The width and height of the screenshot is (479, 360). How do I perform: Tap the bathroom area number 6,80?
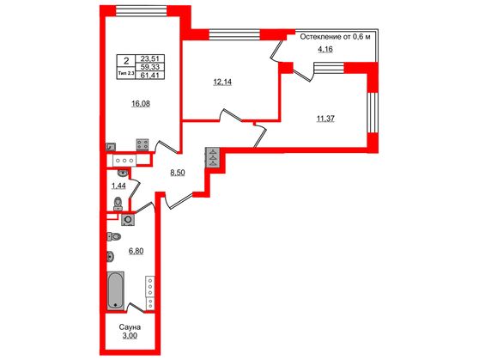(136, 252)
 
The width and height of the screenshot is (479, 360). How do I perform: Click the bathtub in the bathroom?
(115, 290)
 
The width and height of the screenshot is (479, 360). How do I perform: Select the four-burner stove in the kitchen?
(144, 145)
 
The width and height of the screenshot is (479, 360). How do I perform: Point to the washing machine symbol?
(129, 219)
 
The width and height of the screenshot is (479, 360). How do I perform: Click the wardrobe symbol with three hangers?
(212, 159)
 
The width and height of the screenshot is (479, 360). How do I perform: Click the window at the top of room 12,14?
(233, 35)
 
